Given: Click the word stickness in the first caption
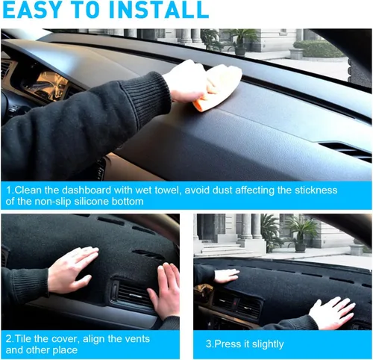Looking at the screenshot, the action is [316, 190].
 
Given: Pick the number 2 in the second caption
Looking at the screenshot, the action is [9, 339].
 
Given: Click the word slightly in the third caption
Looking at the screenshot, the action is [268, 344].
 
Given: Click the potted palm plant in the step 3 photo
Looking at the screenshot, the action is [301, 233].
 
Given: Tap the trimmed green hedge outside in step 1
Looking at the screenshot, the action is [316, 49].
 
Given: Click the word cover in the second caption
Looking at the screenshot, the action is [66, 339].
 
